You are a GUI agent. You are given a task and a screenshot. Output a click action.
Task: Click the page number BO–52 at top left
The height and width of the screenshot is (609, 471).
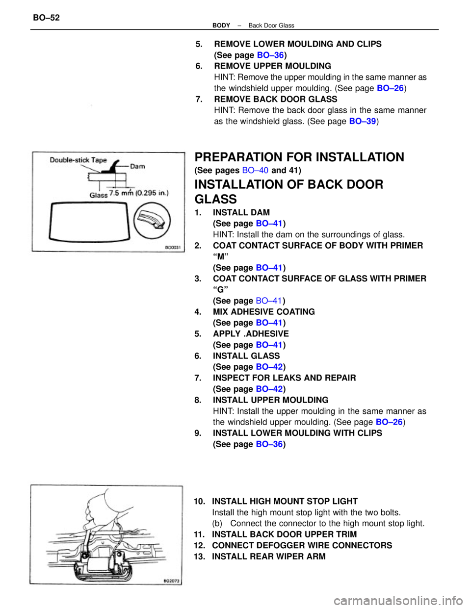46,18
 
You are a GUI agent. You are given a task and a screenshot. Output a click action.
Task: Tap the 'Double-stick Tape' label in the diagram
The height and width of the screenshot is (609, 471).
78,160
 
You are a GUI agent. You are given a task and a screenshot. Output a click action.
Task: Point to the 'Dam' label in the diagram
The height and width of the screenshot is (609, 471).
137,166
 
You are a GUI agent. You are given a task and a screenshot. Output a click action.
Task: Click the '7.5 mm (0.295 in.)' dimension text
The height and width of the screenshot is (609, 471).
139,193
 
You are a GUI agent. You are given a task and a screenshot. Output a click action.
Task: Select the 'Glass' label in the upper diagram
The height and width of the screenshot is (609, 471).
98,195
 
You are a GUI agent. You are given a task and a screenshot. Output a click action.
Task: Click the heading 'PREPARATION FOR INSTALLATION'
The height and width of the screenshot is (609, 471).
299,157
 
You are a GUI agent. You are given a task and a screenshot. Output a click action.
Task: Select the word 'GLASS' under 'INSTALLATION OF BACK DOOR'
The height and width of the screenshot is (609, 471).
215,199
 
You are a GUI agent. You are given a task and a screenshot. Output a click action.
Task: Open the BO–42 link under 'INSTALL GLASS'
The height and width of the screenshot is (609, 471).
269,367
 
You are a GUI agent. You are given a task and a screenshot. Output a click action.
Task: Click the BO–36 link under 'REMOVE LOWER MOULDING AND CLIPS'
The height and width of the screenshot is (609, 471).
270,55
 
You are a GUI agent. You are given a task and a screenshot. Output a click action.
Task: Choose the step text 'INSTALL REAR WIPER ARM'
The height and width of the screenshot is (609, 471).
268,557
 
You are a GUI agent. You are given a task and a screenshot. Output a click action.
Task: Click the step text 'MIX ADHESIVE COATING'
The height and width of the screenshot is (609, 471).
263,312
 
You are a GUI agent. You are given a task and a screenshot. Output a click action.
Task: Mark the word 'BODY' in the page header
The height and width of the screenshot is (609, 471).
221,25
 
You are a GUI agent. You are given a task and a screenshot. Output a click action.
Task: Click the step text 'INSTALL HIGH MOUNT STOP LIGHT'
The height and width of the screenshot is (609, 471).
285,501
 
